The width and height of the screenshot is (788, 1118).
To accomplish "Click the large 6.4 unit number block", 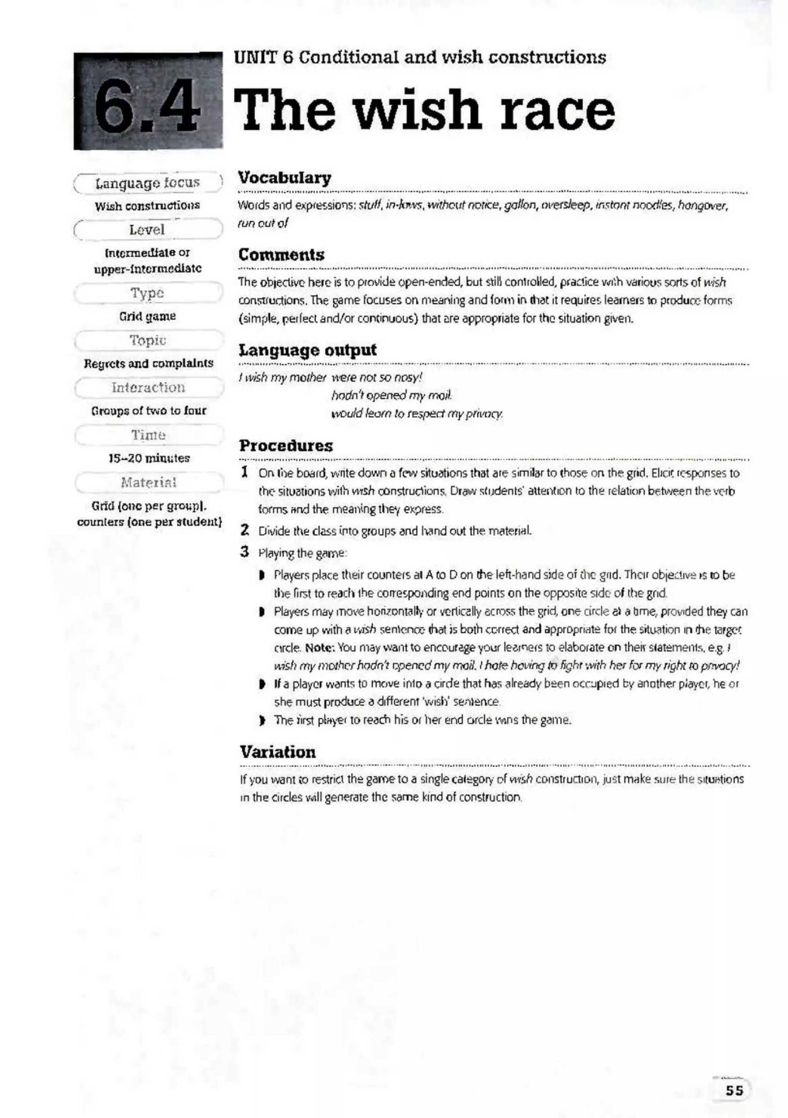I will click(148, 101).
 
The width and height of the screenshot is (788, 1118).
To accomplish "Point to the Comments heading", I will click(282, 255).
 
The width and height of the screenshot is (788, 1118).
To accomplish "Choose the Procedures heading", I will click(286, 445).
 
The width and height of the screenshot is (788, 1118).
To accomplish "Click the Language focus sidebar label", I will click(148, 183).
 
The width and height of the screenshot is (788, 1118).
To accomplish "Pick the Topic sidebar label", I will click(148, 340).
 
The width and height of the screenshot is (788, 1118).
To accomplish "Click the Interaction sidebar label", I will click(148, 388).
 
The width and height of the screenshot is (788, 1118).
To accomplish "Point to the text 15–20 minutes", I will click(149, 458).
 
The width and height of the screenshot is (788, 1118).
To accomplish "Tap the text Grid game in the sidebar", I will click(148, 316).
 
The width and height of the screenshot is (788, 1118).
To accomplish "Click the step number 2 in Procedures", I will click(245, 530).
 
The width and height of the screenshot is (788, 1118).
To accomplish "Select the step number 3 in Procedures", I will click(245, 552).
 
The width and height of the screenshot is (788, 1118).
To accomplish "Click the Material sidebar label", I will click(149, 483).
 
